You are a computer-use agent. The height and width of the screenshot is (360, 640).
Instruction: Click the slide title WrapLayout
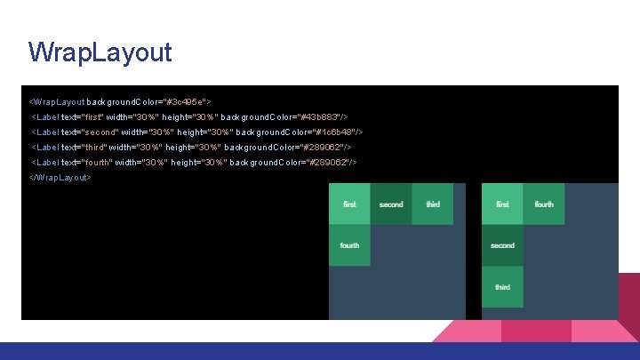(x=100, y=52)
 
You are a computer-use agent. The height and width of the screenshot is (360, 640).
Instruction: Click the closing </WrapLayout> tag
(x=60, y=178)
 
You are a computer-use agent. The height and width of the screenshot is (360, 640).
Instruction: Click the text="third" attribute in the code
(x=83, y=148)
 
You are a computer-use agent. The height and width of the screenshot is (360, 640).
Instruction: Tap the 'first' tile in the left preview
(x=349, y=204)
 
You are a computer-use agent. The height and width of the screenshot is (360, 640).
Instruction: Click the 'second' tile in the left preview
(x=391, y=204)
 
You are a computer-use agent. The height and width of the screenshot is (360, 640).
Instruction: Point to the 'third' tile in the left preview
(x=433, y=204)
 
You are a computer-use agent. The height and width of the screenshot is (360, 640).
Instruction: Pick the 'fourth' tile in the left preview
(x=349, y=245)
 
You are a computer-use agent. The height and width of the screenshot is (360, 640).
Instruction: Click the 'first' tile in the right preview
(x=502, y=204)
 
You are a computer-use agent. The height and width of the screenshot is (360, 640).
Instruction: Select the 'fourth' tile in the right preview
(x=544, y=204)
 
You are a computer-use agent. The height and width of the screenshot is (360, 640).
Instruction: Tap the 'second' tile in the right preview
(x=502, y=245)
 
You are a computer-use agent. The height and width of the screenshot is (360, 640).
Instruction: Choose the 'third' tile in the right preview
(x=502, y=287)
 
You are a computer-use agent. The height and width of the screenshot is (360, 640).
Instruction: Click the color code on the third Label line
(x=327, y=148)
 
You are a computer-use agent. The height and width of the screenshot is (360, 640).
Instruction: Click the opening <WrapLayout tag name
(x=57, y=102)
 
